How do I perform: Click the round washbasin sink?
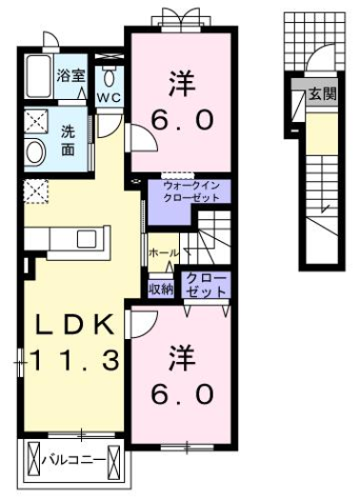pyautogui.click(x=35, y=151)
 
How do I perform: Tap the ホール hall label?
pyautogui.click(x=163, y=252)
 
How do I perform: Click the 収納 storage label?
pyautogui.click(x=160, y=289)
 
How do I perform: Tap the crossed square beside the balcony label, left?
pyautogui.click(x=32, y=463)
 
